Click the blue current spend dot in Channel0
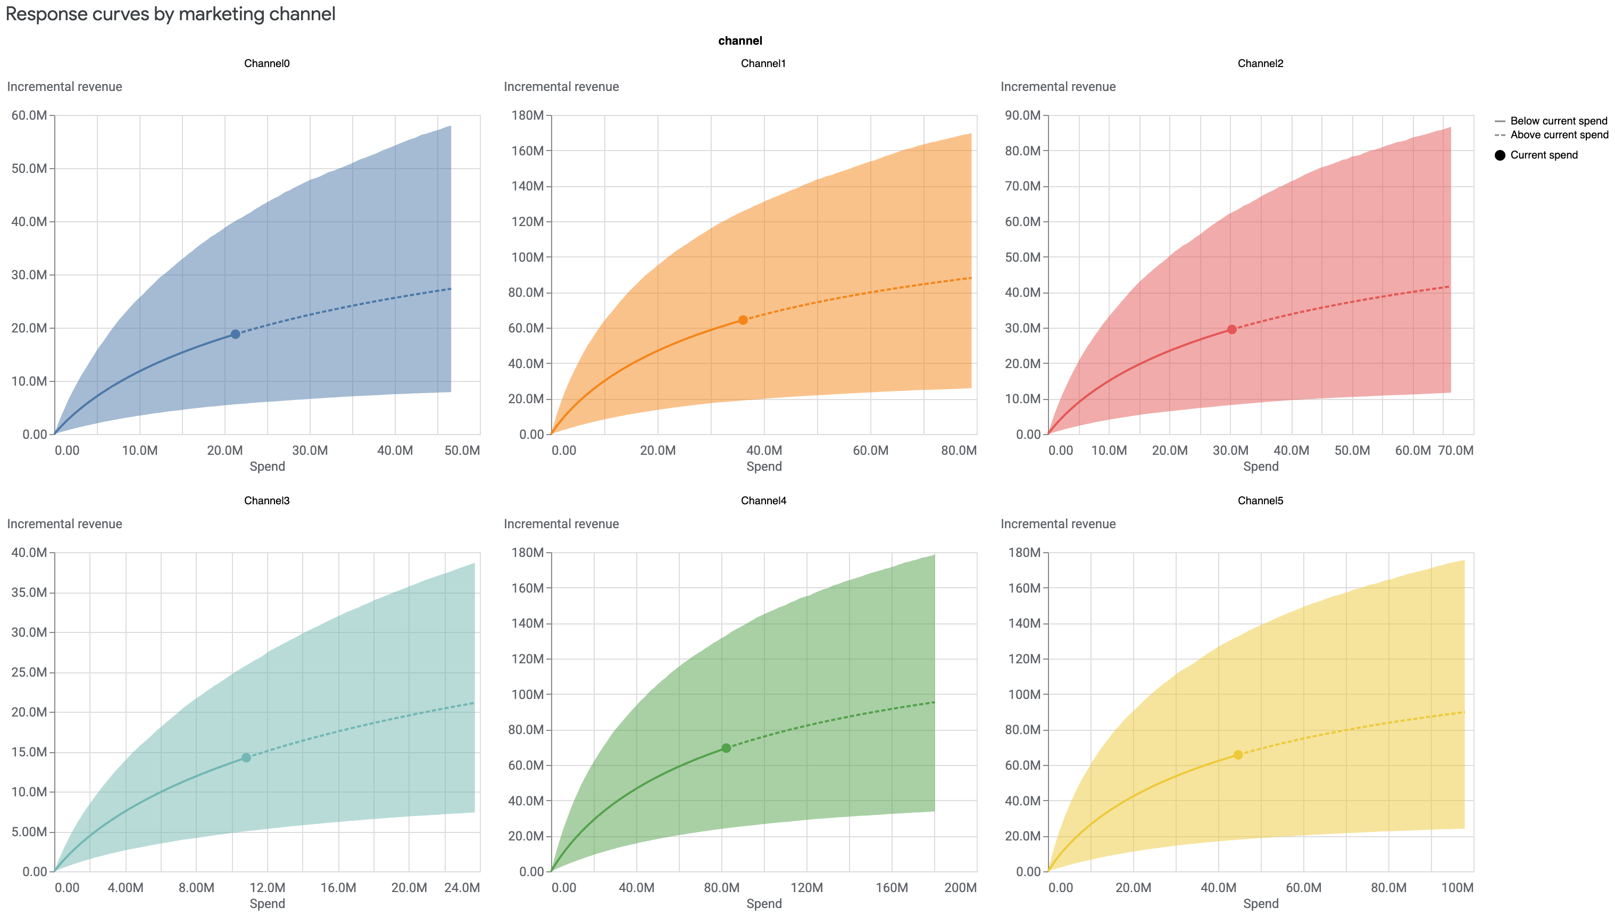click(235, 334)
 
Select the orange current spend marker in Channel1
click(743, 320)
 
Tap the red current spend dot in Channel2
click(1232, 330)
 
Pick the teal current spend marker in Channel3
click(246, 757)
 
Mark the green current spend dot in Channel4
click(726, 748)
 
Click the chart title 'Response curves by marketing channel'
click(171, 14)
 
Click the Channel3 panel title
click(267, 501)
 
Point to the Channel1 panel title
click(763, 63)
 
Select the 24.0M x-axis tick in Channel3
click(462, 888)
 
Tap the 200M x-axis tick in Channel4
click(960, 888)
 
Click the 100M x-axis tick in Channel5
click(1456, 888)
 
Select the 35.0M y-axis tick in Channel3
click(29, 593)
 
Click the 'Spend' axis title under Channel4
click(764, 903)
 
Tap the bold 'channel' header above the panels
click(740, 41)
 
